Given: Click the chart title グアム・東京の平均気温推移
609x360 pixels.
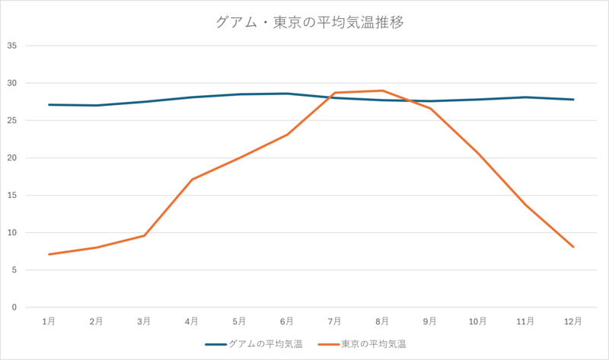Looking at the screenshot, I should pyautogui.click(x=308, y=22).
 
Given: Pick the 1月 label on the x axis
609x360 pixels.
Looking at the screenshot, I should pyautogui.click(x=49, y=322).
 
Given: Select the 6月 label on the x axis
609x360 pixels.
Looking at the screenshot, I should pyautogui.click(x=287, y=322).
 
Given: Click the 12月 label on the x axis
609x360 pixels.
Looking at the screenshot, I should pyautogui.click(x=573, y=322).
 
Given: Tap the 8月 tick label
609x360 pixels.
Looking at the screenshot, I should pyautogui.click(x=382, y=322).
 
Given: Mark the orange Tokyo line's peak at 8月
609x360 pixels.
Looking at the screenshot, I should pyautogui.click(x=382, y=91).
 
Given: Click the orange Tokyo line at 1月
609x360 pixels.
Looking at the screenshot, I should pyautogui.click(x=49, y=254).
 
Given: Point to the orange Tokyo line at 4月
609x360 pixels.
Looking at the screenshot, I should pyautogui.click(x=192, y=180).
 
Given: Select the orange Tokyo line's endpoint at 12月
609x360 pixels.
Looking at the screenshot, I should pyautogui.click(x=573, y=247).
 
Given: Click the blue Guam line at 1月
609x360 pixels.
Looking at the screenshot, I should pyautogui.click(x=49, y=105).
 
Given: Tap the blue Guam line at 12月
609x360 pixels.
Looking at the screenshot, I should pyautogui.click(x=573, y=100).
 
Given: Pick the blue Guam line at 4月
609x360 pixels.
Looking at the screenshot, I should pyautogui.click(x=192, y=97).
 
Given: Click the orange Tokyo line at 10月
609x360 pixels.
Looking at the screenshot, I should pyautogui.click(x=478, y=155).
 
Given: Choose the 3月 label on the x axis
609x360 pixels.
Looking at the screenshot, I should pyautogui.click(x=144, y=322).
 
